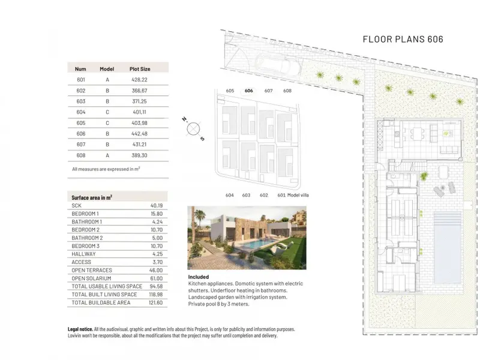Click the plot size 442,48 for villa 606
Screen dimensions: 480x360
(x=140, y=134)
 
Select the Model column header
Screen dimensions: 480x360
(x=107, y=69)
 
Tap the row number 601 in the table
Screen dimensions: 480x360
(x=81, y=80)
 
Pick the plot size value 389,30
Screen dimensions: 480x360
(x=140, y=155)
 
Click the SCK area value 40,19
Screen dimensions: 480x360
(x=157, y=206)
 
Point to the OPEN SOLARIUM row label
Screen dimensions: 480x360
(x=91, y=278)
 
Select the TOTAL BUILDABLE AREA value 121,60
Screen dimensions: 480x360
(x=157, y=302)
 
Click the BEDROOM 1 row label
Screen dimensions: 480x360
(x=85, y=214)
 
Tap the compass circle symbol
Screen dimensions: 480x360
(x=193, y=129)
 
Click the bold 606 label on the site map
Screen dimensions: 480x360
(x=249, y=91)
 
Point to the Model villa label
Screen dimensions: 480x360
(x=298, y=195)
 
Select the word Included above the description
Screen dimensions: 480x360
(x=199, y=277)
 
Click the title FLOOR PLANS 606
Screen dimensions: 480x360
(x=403, y=39)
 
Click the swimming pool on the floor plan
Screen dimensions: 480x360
(x=448, y=248)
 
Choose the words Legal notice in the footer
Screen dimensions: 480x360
(x=80, y=329)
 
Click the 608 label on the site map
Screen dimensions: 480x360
(x=287, y=91)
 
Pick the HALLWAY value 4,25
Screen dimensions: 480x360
(x=157, y=254)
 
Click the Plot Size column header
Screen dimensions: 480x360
(x=140, y=69)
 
